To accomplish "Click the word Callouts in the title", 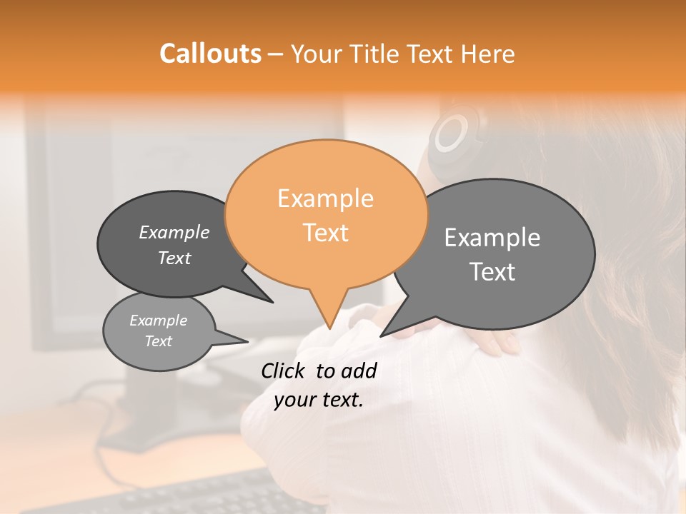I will pyautogui.click(x=210, y=54).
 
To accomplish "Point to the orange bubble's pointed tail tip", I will pyautogui.click(x=329, y=328).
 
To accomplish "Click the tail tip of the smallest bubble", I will pyautogui.click(x=247, y=341).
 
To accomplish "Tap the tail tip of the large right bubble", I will pyautogui.click(x=382, y=336).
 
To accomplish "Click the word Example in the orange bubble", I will pyautogui.click(x=326, y=198).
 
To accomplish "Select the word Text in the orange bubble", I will pyautogui.click(x=326, y=233).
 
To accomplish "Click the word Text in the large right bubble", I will pyautogui.click(x=493, y=272).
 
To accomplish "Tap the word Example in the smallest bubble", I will pyautogui.click(x=158, y=321).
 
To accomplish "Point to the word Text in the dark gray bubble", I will pyautogui.click(x=174, y=258).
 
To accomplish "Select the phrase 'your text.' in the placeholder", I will pyautogui.click(x=319, y=400).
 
